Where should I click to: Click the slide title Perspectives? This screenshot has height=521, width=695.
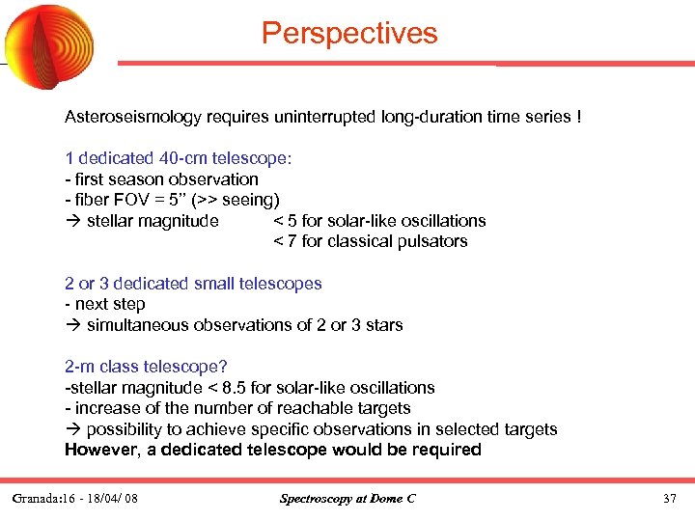pyautogui.click(x=349, y=34)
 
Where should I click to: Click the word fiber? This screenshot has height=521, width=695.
pyautogui.click(x=90, y=200)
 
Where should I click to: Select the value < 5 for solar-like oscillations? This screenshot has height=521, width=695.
pyautogui.click(x=282, y=221)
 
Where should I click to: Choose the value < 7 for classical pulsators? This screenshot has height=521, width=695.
pyautogui.click(x=282, y=241)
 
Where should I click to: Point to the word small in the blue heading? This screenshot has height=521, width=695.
pyautogui.click(x=217, y=284)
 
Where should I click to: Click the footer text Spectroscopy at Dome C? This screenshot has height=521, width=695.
pyautogui.click(x=347, y=499)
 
